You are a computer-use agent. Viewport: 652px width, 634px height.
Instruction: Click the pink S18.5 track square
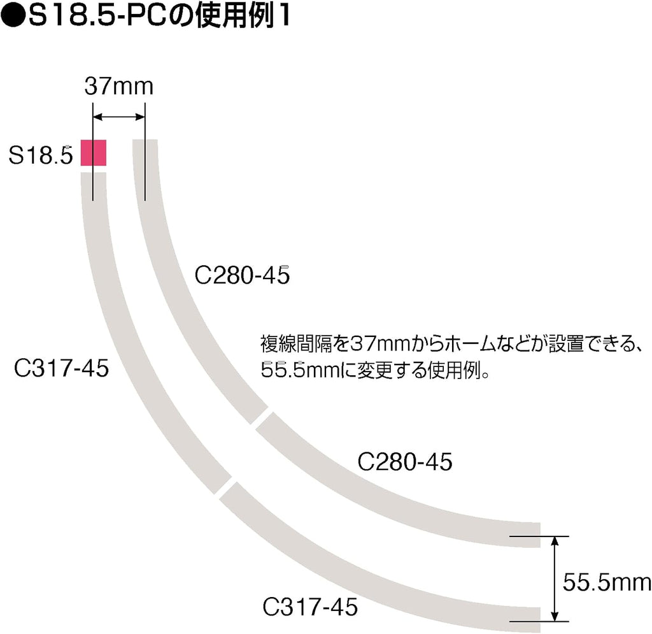93,154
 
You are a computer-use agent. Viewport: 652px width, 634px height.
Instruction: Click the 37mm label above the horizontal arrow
119,87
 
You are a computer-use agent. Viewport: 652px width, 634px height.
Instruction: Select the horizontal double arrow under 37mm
119,117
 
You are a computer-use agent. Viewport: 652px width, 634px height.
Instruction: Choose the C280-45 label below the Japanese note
404,461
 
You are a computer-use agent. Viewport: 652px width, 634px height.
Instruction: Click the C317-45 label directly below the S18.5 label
61,368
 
